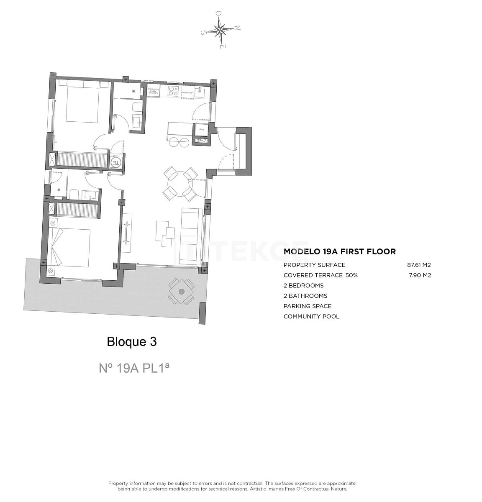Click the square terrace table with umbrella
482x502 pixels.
pyautogui.click(x=181, y=292)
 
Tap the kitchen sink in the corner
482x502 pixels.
pyautogui.click(x=200, y=91)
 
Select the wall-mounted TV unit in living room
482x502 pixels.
pyautogui.click(x=127, y=233)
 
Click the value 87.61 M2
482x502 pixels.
pyautogui.click(x=419, y=265)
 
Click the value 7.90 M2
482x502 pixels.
pyautogui.click(x=420, y=275)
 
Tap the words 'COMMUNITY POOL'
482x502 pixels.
pyautogui.click(x=311, y=316)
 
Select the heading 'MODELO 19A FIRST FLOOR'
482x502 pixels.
pyautogui.click(x=339, y=251)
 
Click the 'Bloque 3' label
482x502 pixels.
pyautogui.click(x=132, y=342)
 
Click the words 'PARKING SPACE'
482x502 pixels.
pyautogui.click(x=307, y=306)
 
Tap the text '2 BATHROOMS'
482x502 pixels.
pyautogui.click(x=305, y=296)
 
